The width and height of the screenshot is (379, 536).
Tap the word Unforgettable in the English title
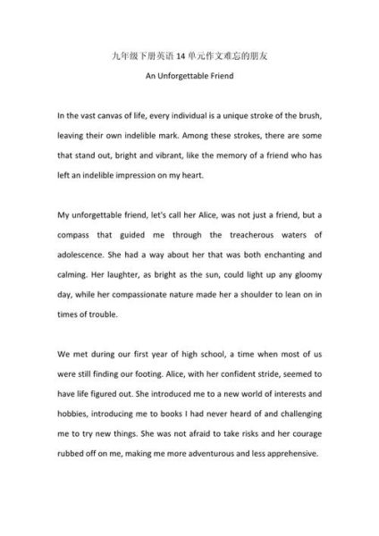(x=189, y=75)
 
